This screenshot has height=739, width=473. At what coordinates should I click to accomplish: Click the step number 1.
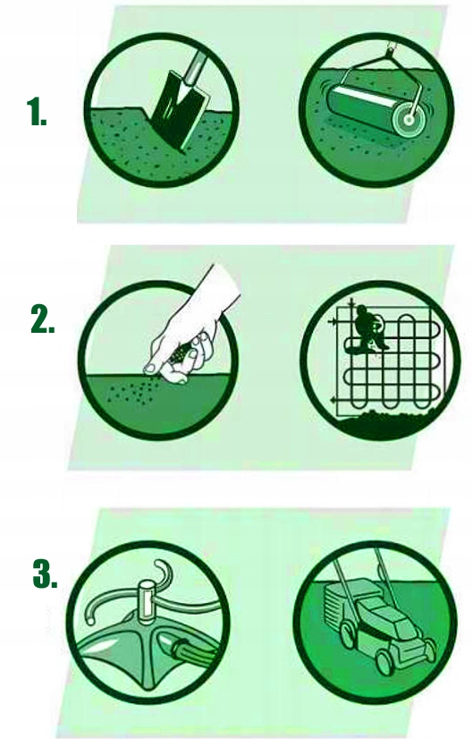click(x=37, y=111)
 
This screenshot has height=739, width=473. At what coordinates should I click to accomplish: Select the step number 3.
click(x=46, y=573)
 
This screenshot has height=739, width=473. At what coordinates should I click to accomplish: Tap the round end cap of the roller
click(x=408, y=120)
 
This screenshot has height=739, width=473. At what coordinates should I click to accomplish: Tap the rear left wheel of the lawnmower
click(x=347, y=634)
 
